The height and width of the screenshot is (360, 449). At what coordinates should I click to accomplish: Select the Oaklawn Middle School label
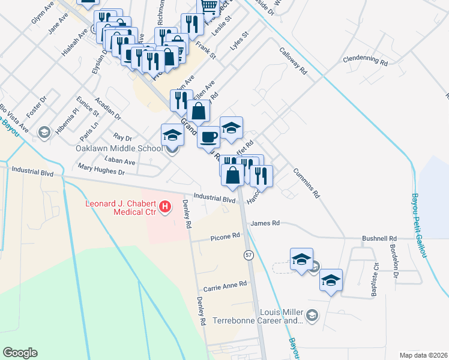(119, 148)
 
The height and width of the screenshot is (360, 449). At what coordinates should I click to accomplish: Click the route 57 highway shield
(248, 255)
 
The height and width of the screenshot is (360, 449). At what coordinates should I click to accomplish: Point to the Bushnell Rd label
(379, 238)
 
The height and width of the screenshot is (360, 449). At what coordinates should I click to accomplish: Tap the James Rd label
(265, 223)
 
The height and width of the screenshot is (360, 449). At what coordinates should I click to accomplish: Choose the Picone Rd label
(225, 238)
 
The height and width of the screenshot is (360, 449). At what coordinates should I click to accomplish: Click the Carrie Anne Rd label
(225, 284)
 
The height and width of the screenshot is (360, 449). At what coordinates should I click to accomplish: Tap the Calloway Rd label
(293, 61)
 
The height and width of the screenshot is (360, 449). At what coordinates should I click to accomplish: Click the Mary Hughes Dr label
(100, 172)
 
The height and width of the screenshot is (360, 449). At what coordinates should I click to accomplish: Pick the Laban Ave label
(119, 161)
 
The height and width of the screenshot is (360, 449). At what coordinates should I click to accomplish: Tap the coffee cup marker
(208, 136)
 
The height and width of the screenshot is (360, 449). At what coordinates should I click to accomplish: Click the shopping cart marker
(208, 6)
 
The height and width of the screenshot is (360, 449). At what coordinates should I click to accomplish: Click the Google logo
(20, 353)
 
